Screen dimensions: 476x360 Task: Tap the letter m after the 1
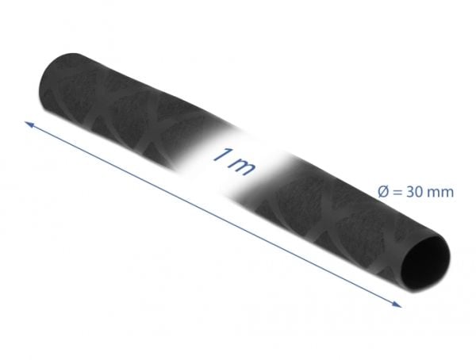[241, 167]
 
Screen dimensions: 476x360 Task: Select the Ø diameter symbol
[383, 192]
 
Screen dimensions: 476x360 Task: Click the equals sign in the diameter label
[397, 193]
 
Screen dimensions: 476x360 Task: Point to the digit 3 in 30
[409, 192]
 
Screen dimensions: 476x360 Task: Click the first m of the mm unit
[433, 193]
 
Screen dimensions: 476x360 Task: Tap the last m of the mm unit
[447, 193]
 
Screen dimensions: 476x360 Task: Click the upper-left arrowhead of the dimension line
[29, 124]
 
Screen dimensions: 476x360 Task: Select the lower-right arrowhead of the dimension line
[397, 304]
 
